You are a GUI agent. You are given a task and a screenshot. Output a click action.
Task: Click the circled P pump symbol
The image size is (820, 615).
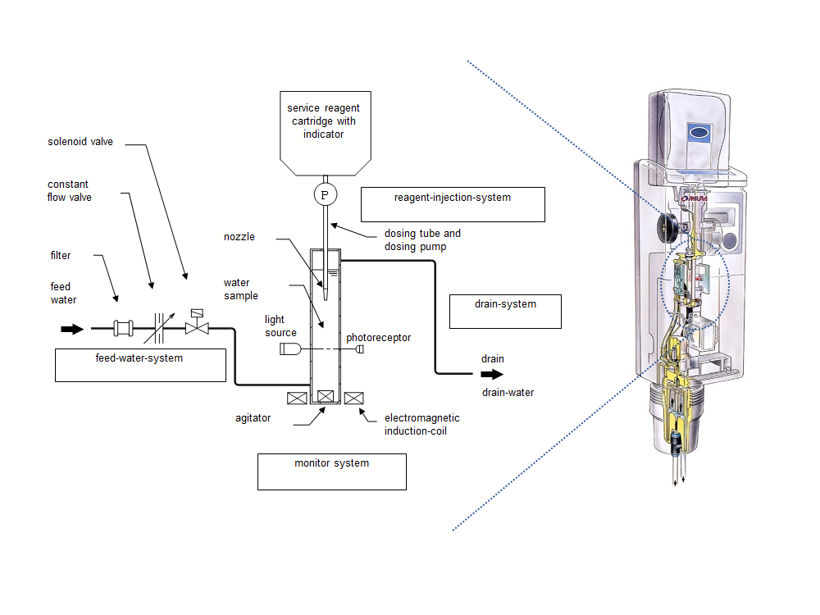pos(325,194)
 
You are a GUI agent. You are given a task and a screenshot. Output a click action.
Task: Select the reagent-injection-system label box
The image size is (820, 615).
pos(453,204)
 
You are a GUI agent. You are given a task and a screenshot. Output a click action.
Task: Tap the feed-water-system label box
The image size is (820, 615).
pos(140,365)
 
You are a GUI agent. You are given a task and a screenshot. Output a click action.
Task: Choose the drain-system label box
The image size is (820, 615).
pos(505,311)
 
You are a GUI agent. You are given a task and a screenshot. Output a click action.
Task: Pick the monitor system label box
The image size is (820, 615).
pos(331,471)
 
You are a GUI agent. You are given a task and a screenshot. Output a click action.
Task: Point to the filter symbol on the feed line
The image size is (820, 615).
pos(123,330)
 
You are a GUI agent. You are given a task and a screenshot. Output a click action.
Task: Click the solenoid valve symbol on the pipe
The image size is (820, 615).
pos(196,326)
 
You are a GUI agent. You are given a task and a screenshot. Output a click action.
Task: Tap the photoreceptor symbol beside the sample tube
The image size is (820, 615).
pos(359,349)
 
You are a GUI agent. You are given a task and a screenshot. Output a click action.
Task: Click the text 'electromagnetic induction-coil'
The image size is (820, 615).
pos(421,424)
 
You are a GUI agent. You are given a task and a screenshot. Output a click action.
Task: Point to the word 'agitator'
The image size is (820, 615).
pos(253,418)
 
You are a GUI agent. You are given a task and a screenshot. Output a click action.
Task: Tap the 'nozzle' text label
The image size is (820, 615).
pos(239,237)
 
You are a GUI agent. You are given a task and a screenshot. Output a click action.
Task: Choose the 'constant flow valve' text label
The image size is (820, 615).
pos(70,190)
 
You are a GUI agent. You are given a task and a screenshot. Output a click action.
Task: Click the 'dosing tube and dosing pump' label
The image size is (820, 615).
pos(422,239)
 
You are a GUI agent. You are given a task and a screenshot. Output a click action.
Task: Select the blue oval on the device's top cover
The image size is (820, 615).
pos(698,131)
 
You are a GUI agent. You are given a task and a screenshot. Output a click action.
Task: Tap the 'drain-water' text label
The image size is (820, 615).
pos(508,393)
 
